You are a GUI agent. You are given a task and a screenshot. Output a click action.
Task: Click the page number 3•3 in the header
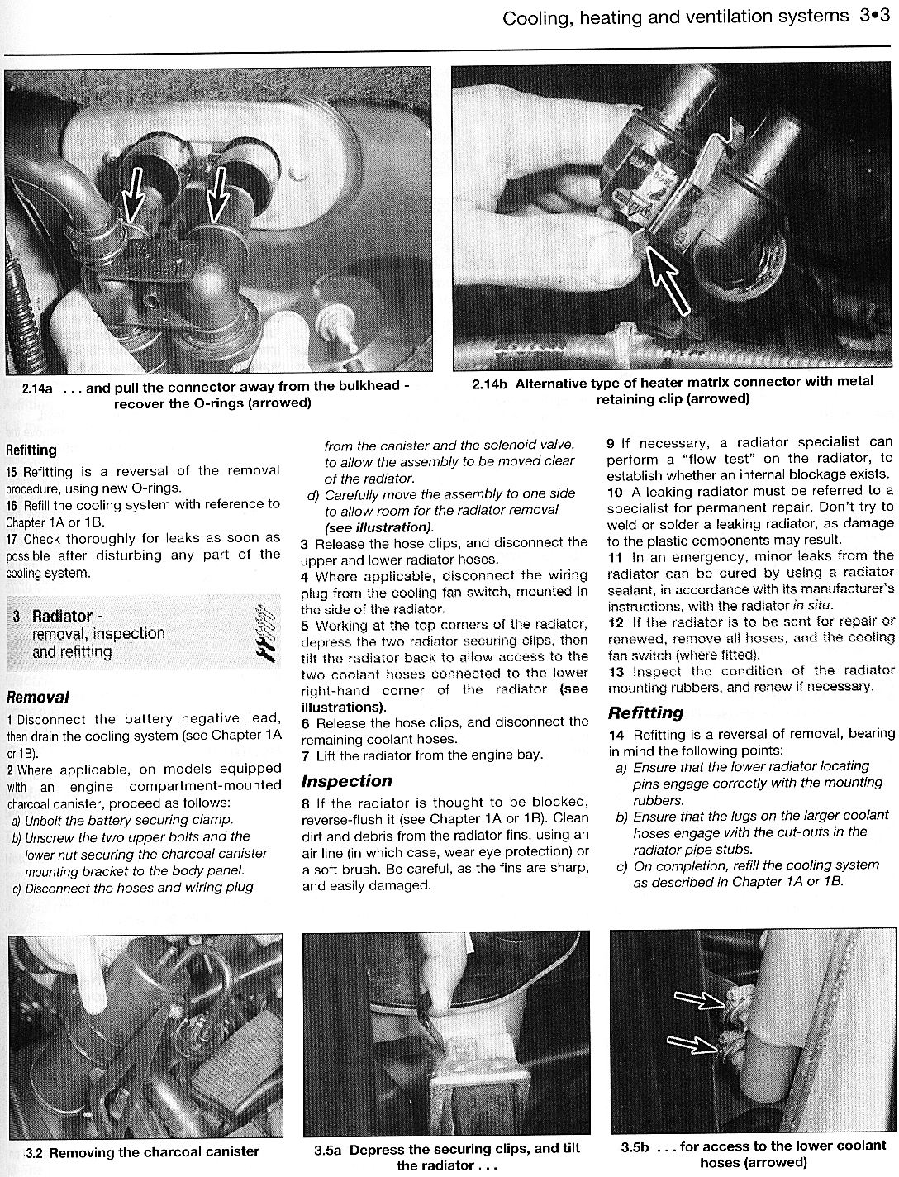pyautogui.click(x=873, y=16)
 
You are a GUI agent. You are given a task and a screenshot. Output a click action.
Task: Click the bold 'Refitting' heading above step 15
pyautogui.click(x=31, y=450)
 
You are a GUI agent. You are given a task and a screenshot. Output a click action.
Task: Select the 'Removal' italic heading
pyautogui.click(x=38, y=697)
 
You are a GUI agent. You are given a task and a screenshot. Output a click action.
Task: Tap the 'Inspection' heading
pyautogui.click(x=346, y=781)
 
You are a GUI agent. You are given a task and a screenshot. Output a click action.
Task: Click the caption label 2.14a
pyautogui.click(x=38, y=387)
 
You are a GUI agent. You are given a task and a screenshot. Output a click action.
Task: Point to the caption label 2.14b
pyautogui.click(x=490, y=383)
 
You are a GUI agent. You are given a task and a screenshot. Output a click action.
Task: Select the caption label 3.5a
pyautogui.click(x=328, y=1150)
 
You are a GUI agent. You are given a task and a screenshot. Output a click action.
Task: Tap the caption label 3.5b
pyautogui.click(x=635, y=1147)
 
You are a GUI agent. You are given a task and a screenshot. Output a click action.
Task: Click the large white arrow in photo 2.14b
pyautogui.click(x=672, y=281)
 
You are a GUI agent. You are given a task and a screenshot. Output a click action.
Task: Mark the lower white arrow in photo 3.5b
pyautogui.click(x=692, y=1043)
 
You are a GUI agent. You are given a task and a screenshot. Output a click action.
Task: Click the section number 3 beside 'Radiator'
pyautogui.click(x=17, y=617)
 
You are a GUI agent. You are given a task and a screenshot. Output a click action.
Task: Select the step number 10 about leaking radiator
pyautogui.click(x=615, y=491)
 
